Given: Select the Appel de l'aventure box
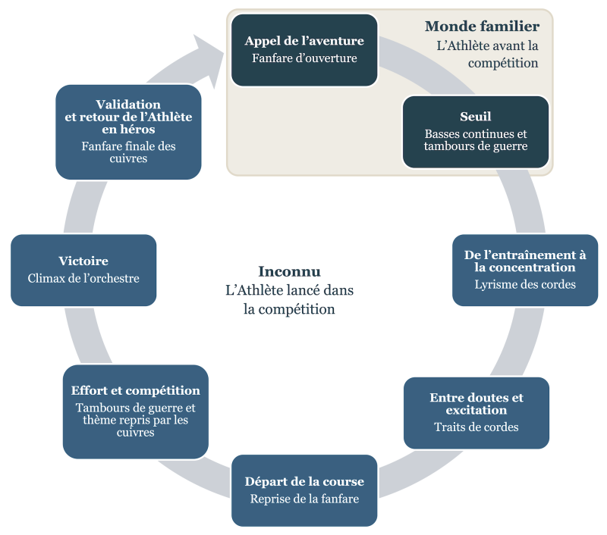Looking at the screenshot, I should (304, 49).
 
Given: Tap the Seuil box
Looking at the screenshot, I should (475, 131).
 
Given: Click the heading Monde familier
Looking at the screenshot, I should (482, 27).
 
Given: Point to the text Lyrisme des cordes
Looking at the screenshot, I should (525, 285).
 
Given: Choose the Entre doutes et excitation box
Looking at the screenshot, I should (476, 412).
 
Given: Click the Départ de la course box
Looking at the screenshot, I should (304, 490).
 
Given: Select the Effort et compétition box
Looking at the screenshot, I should (135, 411).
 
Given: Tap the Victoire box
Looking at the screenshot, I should (83, 270).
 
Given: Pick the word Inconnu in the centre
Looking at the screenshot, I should (289, 271).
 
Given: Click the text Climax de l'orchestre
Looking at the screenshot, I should (83, 278).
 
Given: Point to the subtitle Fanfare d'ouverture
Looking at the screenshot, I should (304, 58).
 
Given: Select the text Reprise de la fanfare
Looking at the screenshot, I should (304, 499).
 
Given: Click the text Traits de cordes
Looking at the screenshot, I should (476, 427).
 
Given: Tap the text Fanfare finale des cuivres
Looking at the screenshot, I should (128, 152).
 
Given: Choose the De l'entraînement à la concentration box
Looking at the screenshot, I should (525, 270).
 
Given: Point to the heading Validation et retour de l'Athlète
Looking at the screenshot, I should (128, 117).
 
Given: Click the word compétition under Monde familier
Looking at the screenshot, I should (503, 64).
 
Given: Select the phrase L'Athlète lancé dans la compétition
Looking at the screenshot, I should (289, 299).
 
